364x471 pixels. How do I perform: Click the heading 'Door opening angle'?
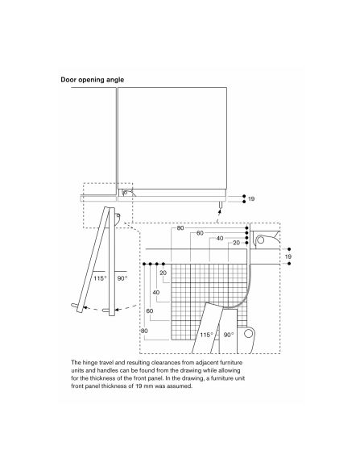click(93, 80)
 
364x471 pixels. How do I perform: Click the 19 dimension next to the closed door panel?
click(251, 199)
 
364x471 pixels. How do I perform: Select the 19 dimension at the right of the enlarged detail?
click(288, 256)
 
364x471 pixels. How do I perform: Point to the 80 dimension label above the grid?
click(180, 228)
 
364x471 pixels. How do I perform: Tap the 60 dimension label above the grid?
click(200, 233)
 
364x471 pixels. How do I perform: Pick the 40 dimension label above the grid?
click(220, 238)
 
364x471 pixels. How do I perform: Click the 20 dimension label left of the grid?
click(163, 273)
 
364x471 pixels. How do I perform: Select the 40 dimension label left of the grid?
click(156, 292)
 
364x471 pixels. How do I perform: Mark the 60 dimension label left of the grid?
click(150, 311)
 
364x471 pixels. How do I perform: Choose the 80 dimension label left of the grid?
click(144, 331)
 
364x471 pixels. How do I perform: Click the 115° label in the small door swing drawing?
click(100, 278)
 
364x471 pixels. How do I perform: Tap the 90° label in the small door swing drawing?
click(122, 278)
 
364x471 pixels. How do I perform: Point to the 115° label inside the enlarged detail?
click(207, 335)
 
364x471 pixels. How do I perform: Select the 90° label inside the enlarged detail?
click(229, 335)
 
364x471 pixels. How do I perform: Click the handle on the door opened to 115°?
click(75, 306)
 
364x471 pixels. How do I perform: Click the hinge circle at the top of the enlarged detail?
click(261, 240)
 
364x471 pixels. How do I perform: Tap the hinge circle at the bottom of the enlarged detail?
click(248, 333)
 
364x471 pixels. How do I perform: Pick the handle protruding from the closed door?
click(221, 205)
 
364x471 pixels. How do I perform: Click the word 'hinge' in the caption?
click(89, 363)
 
